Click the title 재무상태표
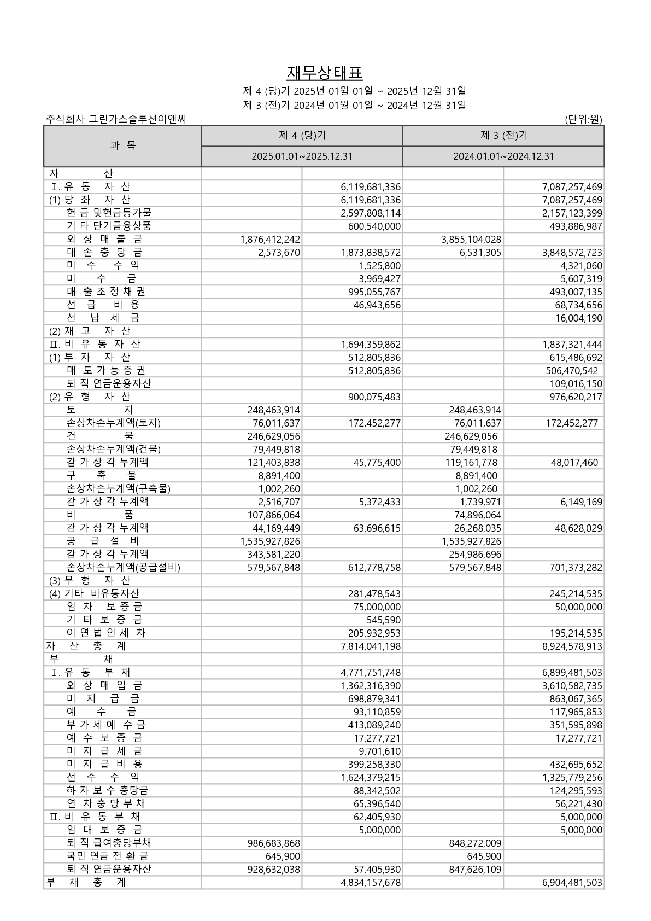(325, 73)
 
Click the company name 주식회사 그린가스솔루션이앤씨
(116, 119)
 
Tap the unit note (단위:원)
(584, 119)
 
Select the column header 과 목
(122, 145)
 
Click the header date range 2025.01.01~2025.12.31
(302, 156)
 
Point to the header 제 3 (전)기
(503, 136)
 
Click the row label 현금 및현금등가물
(109, 213)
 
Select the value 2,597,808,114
(371, 213)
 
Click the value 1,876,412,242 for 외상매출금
(270, 240)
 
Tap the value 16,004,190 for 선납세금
(579, 318)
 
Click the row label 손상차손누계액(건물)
(114, 449)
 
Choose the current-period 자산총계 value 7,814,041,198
(371, 646)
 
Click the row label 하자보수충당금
(107, 790)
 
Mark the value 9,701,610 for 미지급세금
(379, 751)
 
